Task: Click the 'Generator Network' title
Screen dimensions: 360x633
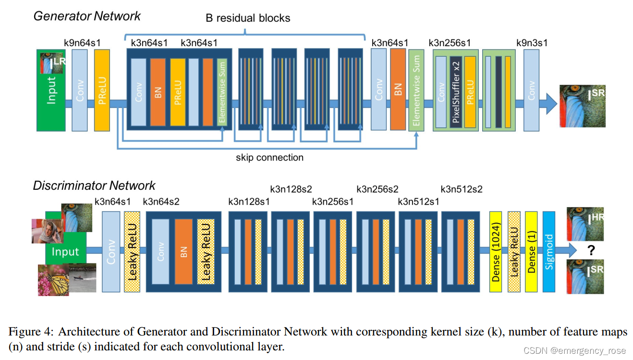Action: (86, 16)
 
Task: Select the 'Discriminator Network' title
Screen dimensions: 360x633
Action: (94, 186)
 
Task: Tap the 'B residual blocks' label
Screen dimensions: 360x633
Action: (248, 18)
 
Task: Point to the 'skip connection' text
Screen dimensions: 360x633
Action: (269, 158)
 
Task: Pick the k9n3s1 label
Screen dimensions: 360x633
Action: (532, 43)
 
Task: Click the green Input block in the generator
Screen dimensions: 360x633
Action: (51, 96)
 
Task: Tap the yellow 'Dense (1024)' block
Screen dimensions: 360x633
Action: (496, 251)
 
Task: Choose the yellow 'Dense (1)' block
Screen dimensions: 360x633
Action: (531, 251)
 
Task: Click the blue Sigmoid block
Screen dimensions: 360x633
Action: (549, 251)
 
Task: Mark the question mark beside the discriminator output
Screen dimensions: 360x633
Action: (591, 250)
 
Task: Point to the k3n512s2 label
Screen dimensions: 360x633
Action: (461, 189)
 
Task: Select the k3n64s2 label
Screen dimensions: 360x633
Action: (161, 201)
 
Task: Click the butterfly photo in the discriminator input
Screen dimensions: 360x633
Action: (53, 279)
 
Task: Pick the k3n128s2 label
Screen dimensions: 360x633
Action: (291, 189)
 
